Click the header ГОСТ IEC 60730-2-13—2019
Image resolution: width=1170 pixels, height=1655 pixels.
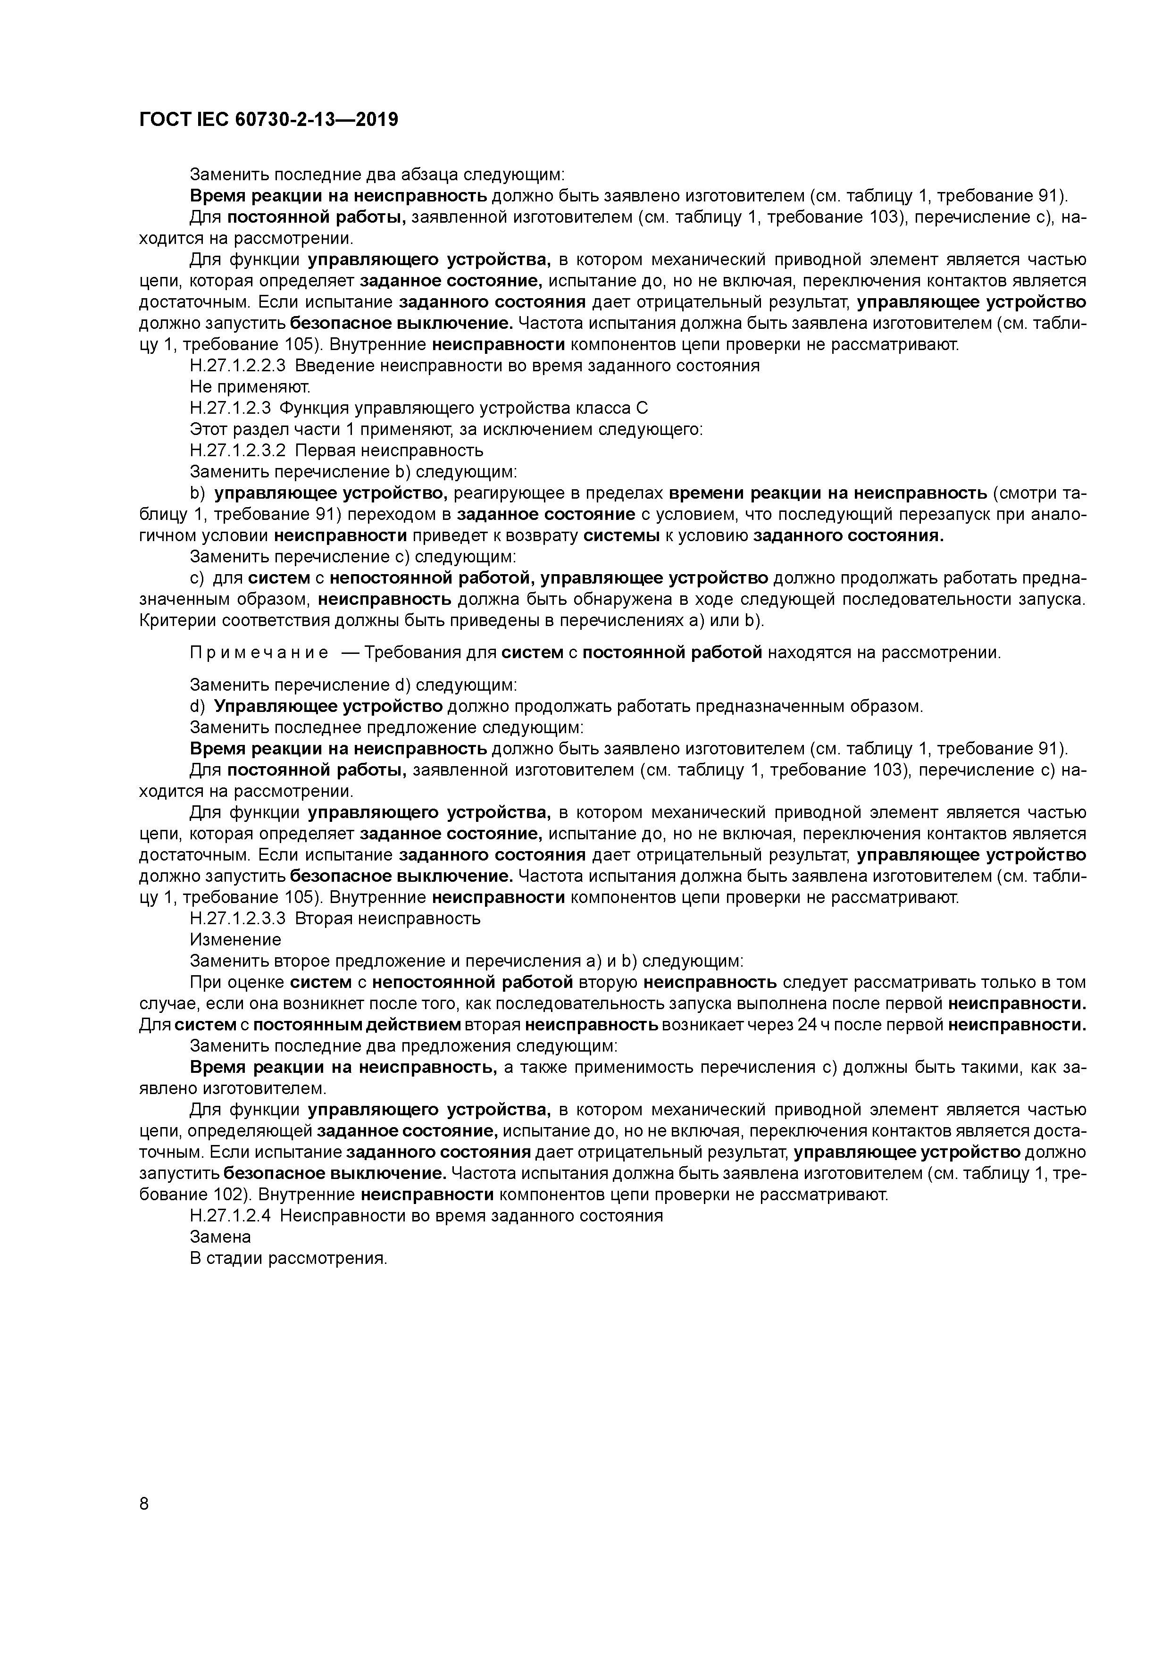click(x=268, y=120)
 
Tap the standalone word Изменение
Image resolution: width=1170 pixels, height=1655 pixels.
click(x=235, y=940)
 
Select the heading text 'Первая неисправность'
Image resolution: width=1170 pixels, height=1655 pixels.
click(x=389, y=451)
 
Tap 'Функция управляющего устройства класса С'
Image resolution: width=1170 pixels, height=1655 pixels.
click(x=464, y=408)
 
